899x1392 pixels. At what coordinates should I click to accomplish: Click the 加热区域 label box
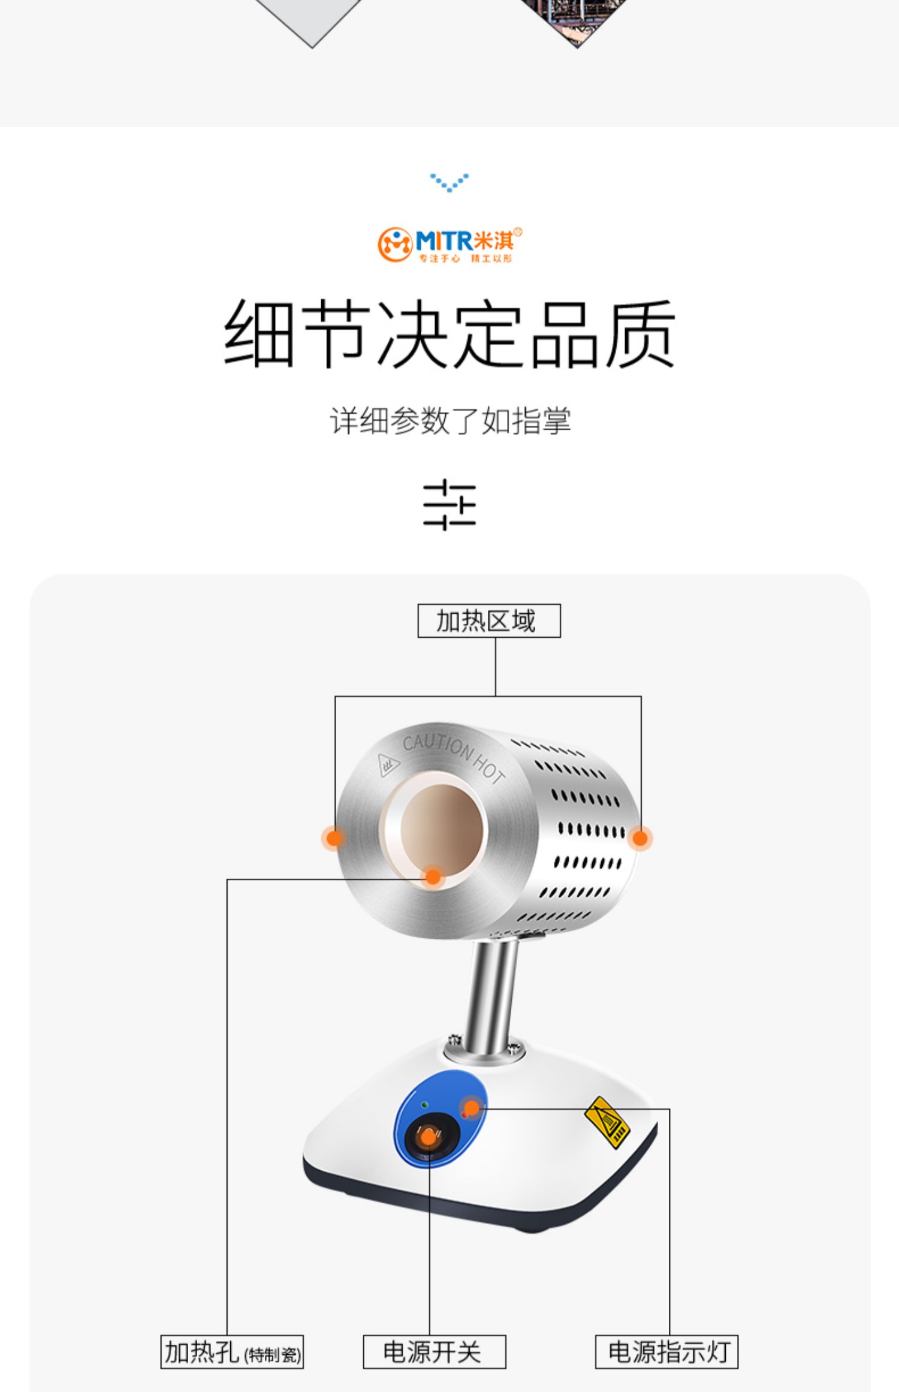[x=489, y=620]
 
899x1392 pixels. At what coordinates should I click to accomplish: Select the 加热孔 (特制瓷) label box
[x=232, y=1352]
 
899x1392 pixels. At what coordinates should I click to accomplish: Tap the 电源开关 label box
[x=435, y=1352]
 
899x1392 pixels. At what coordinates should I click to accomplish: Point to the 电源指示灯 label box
[x=666, y=1352]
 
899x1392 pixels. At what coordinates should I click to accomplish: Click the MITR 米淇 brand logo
[x=450, y=244]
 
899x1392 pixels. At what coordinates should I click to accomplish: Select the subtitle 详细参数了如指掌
[x=450, y=420]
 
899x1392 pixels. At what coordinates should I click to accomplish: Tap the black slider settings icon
[x=450, y=504]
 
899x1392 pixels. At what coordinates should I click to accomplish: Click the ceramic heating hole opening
[x=442, y=829]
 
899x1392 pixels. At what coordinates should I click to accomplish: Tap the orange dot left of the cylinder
[x=334, y=837]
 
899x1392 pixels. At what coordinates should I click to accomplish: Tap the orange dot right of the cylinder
[x=640, y=838]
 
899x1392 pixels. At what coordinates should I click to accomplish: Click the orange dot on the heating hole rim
[x=433, y=878]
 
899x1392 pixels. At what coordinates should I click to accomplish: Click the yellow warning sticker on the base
[x=607, y=1122]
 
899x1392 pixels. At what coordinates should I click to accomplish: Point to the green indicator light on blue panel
[x=425, y=1104]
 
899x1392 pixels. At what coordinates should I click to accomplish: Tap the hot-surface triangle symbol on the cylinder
[x=388, y=765]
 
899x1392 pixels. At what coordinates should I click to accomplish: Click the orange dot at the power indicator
[x=472, y=1108]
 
